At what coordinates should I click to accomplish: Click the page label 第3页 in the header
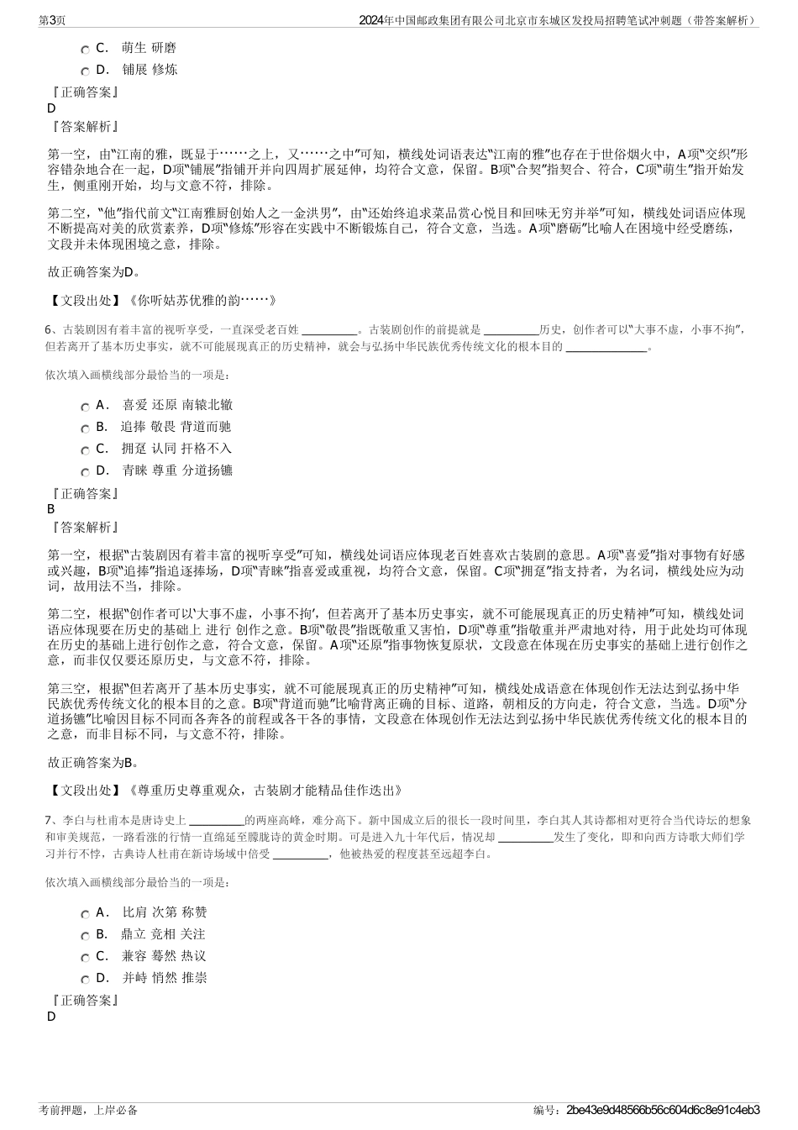(x=53, y=20)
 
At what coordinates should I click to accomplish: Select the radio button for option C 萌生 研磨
(x=86, y=50)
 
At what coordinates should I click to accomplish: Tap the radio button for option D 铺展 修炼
(x=86, y=71)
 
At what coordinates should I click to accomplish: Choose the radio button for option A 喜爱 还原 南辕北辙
(x=86, y=407)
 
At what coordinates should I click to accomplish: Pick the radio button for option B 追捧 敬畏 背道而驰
(x=86, y=428)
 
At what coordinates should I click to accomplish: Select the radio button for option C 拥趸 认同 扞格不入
(x=86, y=450)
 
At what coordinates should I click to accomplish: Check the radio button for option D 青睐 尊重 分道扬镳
(x=86, y=472)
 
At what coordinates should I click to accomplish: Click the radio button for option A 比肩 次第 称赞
(x=86, y=914)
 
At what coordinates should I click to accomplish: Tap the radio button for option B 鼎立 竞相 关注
(x=86, y=936)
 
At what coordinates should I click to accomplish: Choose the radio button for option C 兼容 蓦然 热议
(x=86, y=958)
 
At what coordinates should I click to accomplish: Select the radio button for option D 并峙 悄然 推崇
(x=86, y=980)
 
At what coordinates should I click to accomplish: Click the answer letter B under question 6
(x=51, y=509)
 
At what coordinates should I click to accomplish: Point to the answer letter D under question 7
(x=51, y=1017)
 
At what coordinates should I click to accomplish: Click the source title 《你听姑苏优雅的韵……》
(x=202, y=300)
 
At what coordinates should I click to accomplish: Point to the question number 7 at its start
(x=49, y=819)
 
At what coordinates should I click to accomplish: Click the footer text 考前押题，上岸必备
(x=88, y=1110)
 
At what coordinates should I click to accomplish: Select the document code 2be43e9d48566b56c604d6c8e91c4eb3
(x=664, y=1110)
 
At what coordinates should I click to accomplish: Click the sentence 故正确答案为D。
(x=94, y=272)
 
